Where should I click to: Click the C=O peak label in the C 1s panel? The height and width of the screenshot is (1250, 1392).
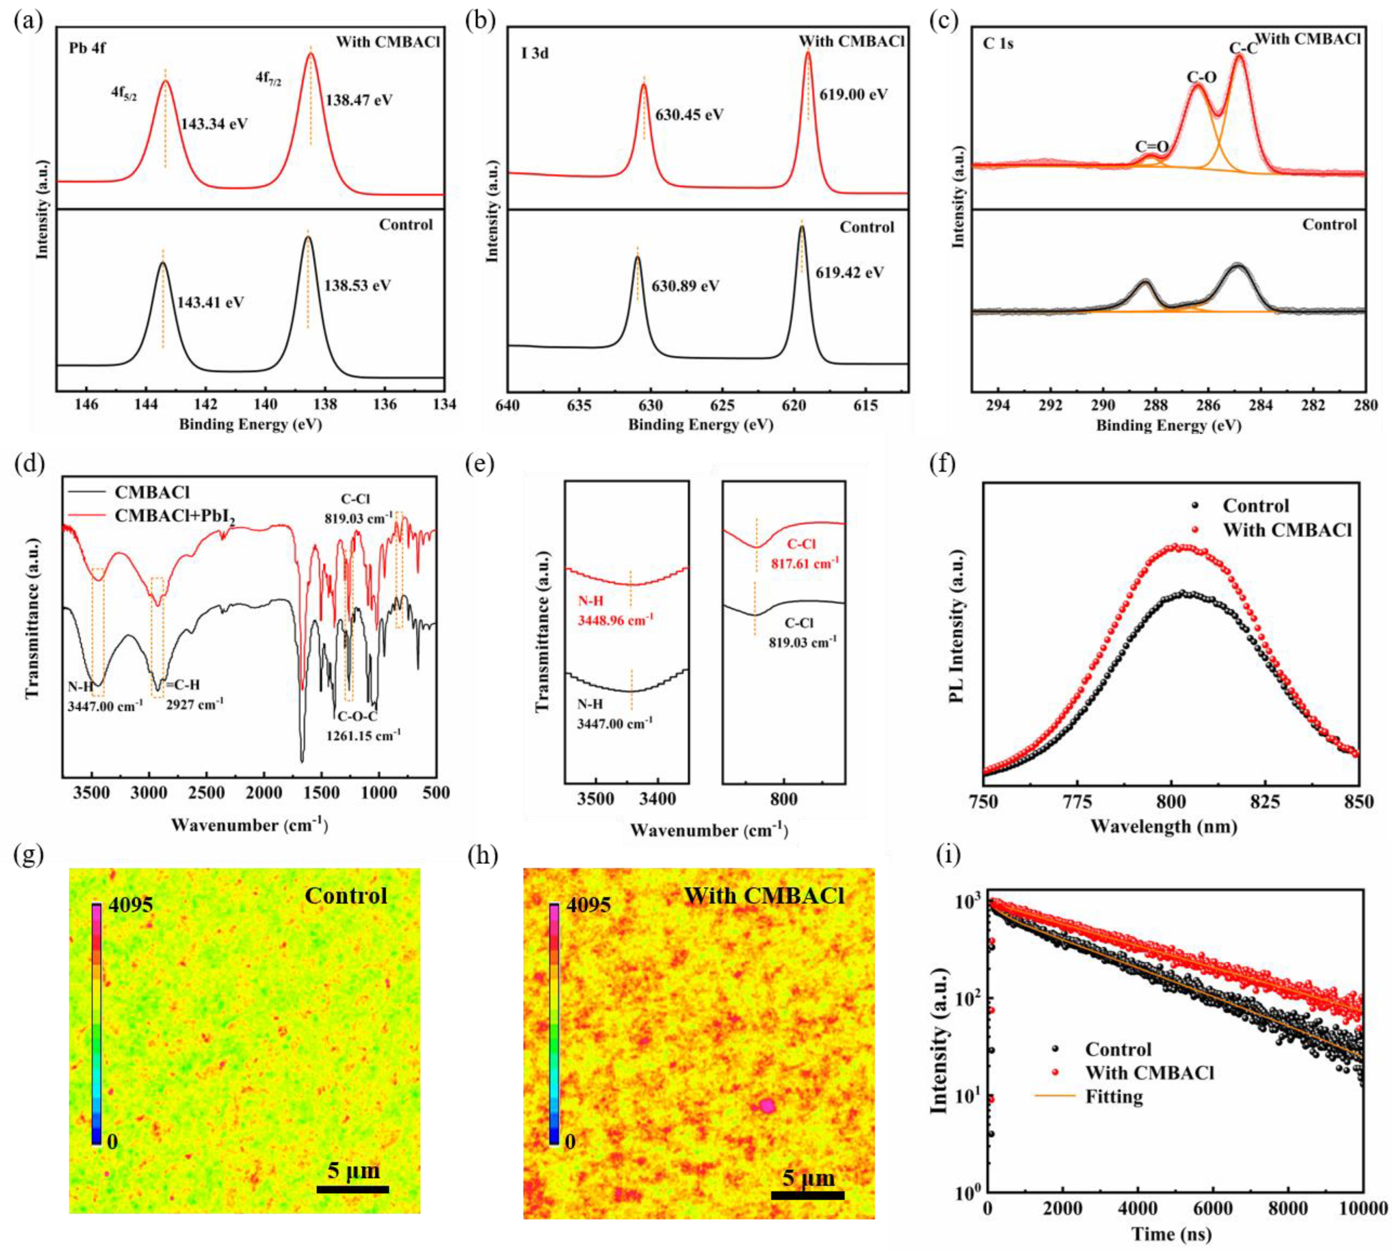pos(1152,146)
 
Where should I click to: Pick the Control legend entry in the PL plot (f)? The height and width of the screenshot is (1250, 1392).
pos(1255,506)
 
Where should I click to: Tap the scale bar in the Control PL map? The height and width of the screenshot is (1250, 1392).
pos(352,1189)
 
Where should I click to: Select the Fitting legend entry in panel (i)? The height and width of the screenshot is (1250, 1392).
pos(1113,1097)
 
